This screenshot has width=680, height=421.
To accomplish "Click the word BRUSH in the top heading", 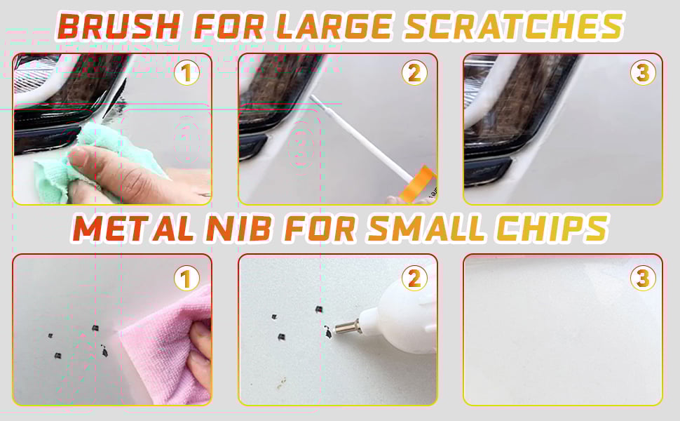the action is click(x=118, y=26).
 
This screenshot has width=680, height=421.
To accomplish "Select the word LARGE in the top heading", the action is click(x=334, y=26).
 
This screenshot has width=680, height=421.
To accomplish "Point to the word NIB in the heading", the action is click(x=239, y=228).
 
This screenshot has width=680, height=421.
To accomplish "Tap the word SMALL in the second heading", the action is click(x=426, y=228).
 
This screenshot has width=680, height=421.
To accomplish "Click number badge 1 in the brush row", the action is click(x=186, y=74).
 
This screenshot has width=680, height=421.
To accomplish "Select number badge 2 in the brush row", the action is click(x=414, y=73).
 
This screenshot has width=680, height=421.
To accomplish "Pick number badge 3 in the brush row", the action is click(x=643, y=73).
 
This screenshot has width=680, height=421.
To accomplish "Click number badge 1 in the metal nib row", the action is click(x=186, y=279).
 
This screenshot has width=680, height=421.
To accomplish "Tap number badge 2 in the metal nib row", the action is click(x=414, y=278).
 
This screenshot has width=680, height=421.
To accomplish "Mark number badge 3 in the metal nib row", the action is click(x=643, y=278).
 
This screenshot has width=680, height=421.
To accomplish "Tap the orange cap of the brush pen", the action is click(x=419, y=185).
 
